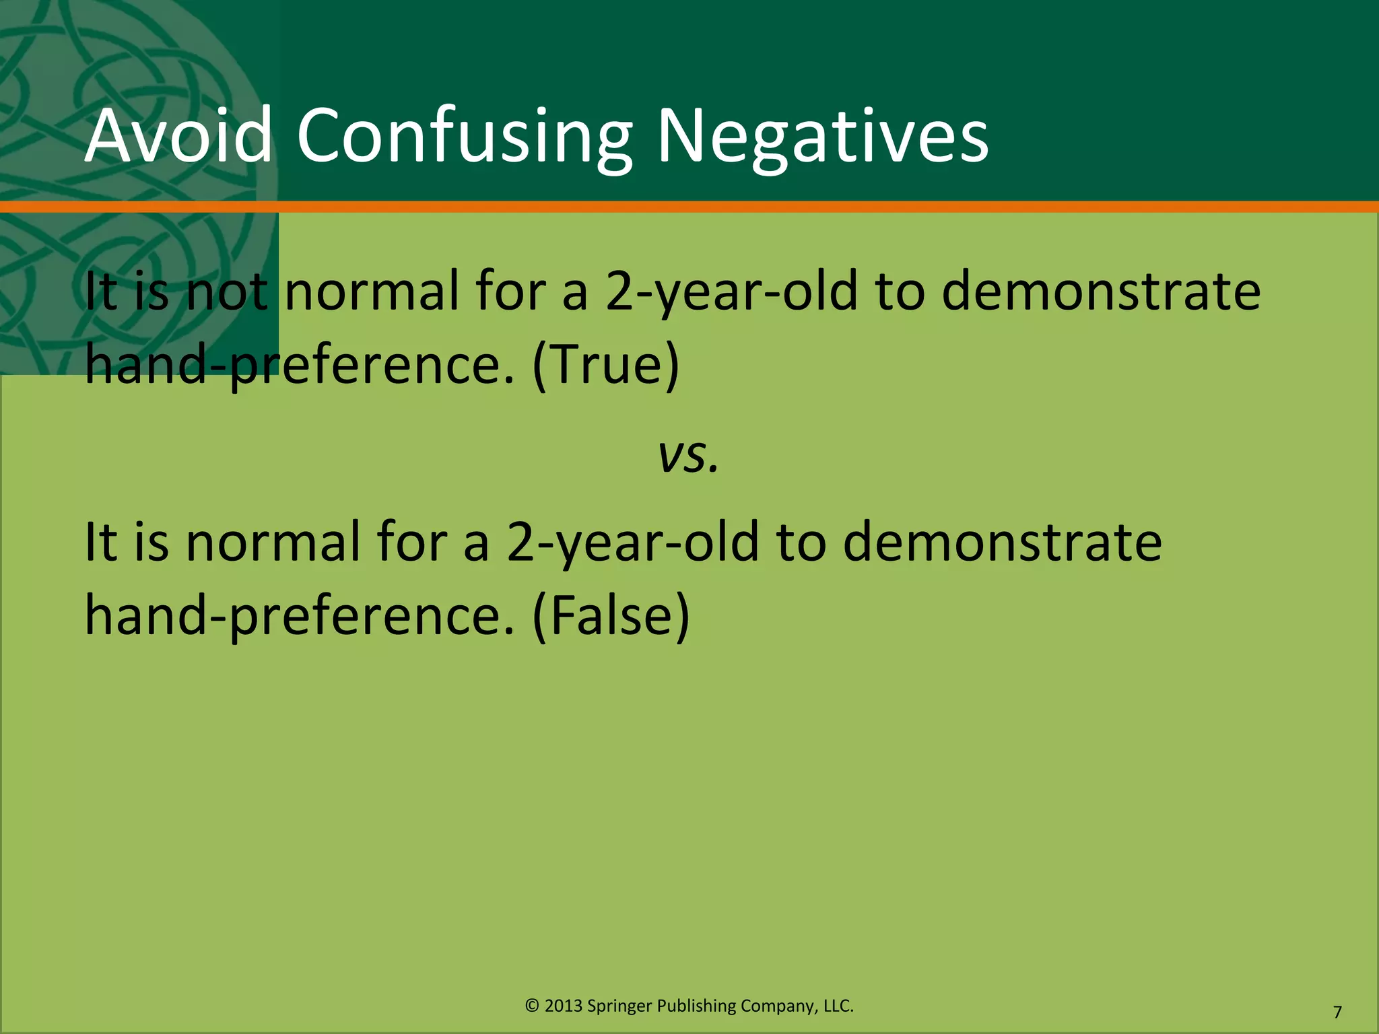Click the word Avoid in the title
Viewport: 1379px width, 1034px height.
coord(178,136)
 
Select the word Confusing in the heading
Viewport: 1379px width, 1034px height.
coord(464,137)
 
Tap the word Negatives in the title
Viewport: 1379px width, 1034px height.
coord(822,137)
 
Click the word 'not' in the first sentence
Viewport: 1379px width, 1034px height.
coord(226,291)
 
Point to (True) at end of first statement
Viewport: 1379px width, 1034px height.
coord(605,364)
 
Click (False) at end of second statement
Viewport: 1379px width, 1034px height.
coord(611,615)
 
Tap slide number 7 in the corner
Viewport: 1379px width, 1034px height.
coord(1337,1012)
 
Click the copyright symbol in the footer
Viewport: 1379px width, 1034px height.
coord(532,1006)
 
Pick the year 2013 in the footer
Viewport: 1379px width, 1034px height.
coord(564,1006)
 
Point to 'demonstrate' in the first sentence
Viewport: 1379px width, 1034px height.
coord(1101,291)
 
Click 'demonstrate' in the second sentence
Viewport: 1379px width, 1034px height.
coord(1002,542)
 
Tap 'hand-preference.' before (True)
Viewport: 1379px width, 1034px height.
coord(300,364)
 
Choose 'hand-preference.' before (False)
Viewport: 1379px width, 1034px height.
coord(300,615)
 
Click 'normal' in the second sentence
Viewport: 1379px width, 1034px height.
coord(273,542)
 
